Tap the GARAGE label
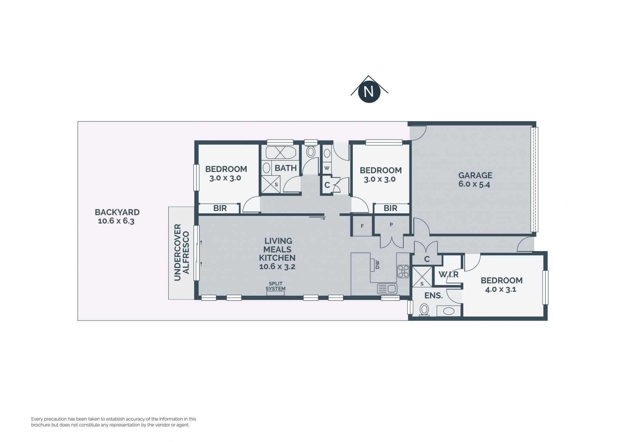(x=475, y=175)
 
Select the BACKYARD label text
(x=117, y=212)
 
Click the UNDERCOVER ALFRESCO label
(x=182, y=252)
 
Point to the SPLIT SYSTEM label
(x=276, y=286)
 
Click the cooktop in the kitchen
(x=403, y=271)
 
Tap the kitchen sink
(x=387, y=289)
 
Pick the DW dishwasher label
(x=378, y=265)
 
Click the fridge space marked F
(x=362, y=226)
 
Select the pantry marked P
(x=391, y=225)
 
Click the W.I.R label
(x=449, y=275)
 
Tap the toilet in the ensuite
(x=424, y=310)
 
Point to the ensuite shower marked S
(x=422, y=277)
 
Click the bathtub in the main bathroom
(x=281, y=152)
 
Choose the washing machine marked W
(x=327, y=168)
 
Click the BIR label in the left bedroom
(x=220, y=208)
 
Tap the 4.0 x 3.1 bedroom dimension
(x=500, y=289)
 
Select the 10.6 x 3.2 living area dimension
(x=277, y=266)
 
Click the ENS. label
(x=433, y=296)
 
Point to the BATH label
(x=286, y=168)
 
